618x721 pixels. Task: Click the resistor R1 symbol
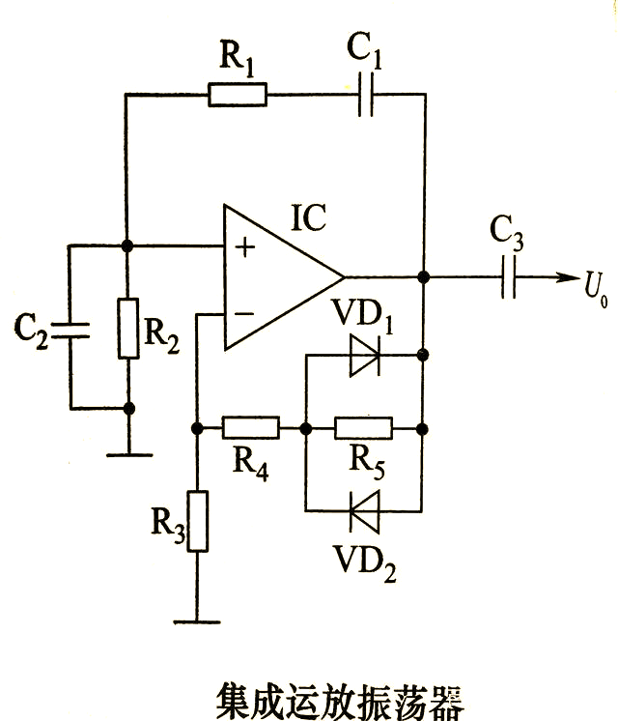tap(238, 95)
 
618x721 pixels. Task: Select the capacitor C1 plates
tap(366, 95)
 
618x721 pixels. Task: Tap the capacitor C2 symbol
tap(70, 331)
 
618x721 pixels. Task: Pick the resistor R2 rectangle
tap(128, 328)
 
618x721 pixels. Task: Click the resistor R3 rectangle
tap(198, 521)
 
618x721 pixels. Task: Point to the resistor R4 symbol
tap(251, 428)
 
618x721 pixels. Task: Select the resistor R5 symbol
tap(363, 428)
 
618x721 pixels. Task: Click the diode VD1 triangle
tap(365, 356)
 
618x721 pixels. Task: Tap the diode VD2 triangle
tap(365, 511)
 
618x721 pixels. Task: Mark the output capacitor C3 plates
tap(509, 277)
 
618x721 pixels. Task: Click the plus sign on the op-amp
tap(245, 247)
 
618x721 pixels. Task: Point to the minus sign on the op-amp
tap(244, 314)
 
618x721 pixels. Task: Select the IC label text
tap(309, 217)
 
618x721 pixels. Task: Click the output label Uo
tap(596, 290)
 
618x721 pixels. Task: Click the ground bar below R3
tap(197, 622)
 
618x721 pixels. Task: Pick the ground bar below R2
tap(129, 455)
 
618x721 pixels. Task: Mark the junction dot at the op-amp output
tap(424, 277)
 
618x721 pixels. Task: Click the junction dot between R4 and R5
tap(305, 428)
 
